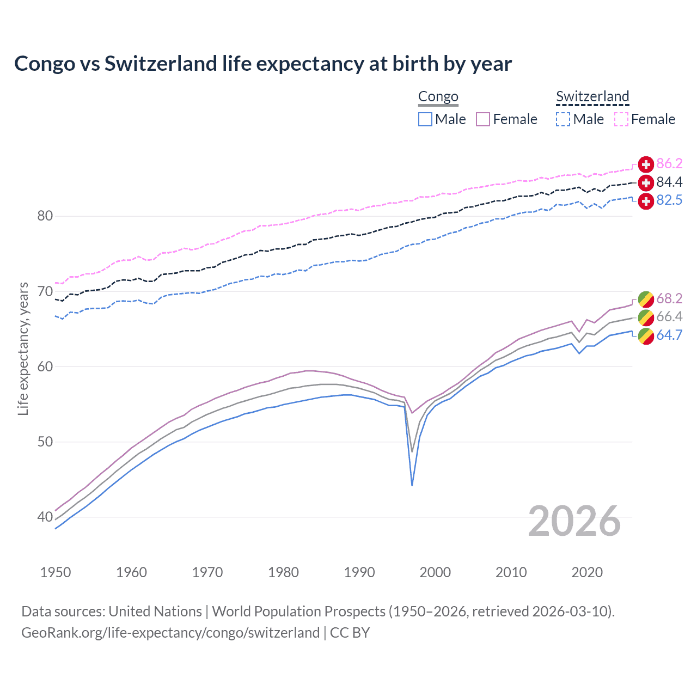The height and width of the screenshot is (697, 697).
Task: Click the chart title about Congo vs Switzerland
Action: [263, 64]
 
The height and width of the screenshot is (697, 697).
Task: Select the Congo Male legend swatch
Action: [425, 119]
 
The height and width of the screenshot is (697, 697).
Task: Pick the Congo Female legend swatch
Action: [483, 119]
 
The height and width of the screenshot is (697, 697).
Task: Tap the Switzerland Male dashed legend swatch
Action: [563, 119]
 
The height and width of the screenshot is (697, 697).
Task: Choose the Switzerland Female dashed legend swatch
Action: [621, 119]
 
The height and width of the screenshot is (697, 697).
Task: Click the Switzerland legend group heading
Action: [592, 96]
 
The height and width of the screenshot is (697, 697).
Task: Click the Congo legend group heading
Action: [438, 96]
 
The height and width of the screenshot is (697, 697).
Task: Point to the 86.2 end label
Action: [669, 164]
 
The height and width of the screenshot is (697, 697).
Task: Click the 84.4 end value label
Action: [669, 182]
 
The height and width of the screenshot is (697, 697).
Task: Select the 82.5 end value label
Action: [669, 200]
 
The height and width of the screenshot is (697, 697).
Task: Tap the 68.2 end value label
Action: [669, 298]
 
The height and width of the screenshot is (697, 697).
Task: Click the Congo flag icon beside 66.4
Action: [646, 317]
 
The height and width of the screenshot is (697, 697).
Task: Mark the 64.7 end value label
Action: [669, 335]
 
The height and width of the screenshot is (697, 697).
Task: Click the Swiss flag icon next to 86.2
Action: [646, 164]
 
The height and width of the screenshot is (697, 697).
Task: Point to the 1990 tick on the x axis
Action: [359, 572]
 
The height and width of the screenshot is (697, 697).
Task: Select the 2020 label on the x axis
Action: [587, 572]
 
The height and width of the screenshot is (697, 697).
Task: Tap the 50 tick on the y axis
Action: [45, 442]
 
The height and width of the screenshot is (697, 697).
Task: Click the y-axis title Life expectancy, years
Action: [23, 349]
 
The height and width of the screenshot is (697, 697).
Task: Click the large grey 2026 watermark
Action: [574, 521]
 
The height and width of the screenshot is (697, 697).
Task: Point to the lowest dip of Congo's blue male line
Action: [412, 485]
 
